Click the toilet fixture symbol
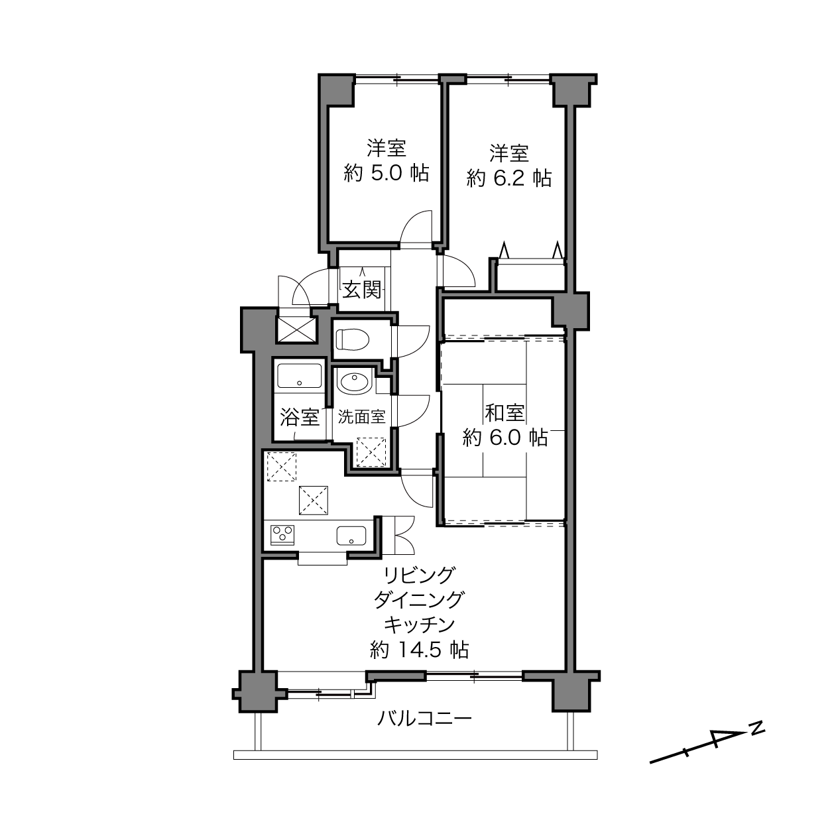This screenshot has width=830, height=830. coord(352,339)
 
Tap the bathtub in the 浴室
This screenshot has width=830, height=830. coord(300,376)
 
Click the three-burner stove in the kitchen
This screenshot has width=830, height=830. coord(282,534)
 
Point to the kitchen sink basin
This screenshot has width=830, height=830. coord(351,536)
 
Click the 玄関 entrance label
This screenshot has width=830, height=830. coord(362,290)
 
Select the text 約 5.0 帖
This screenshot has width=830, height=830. coord(386,173)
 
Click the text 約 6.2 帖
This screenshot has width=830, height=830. coord(508,178)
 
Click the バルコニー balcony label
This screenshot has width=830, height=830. coord(424,718)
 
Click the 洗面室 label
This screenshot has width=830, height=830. coord(361,416)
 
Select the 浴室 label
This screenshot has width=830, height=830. coord(300,417)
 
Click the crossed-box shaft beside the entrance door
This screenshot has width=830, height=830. coord(296,329)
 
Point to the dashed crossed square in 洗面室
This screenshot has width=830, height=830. coord(371,452)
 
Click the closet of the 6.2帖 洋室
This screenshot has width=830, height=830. coord(530,275)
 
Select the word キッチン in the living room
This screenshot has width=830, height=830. coord(419,624)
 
